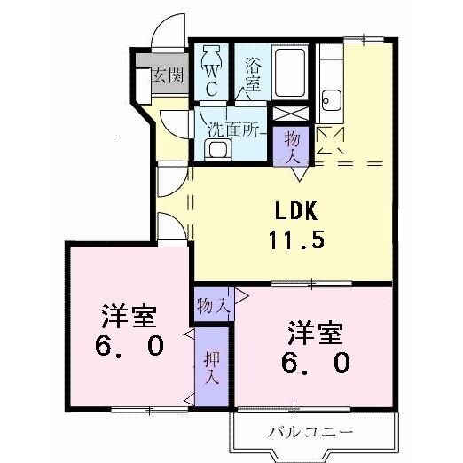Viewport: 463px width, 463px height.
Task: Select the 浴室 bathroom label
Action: pos(252,75)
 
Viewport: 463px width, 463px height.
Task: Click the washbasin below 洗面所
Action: pos(216,148)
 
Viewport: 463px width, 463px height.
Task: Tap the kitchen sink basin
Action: pos(332,100)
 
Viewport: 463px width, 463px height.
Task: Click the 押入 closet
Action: pos(212,366)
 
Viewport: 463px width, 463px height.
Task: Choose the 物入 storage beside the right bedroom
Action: pos(213,304)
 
